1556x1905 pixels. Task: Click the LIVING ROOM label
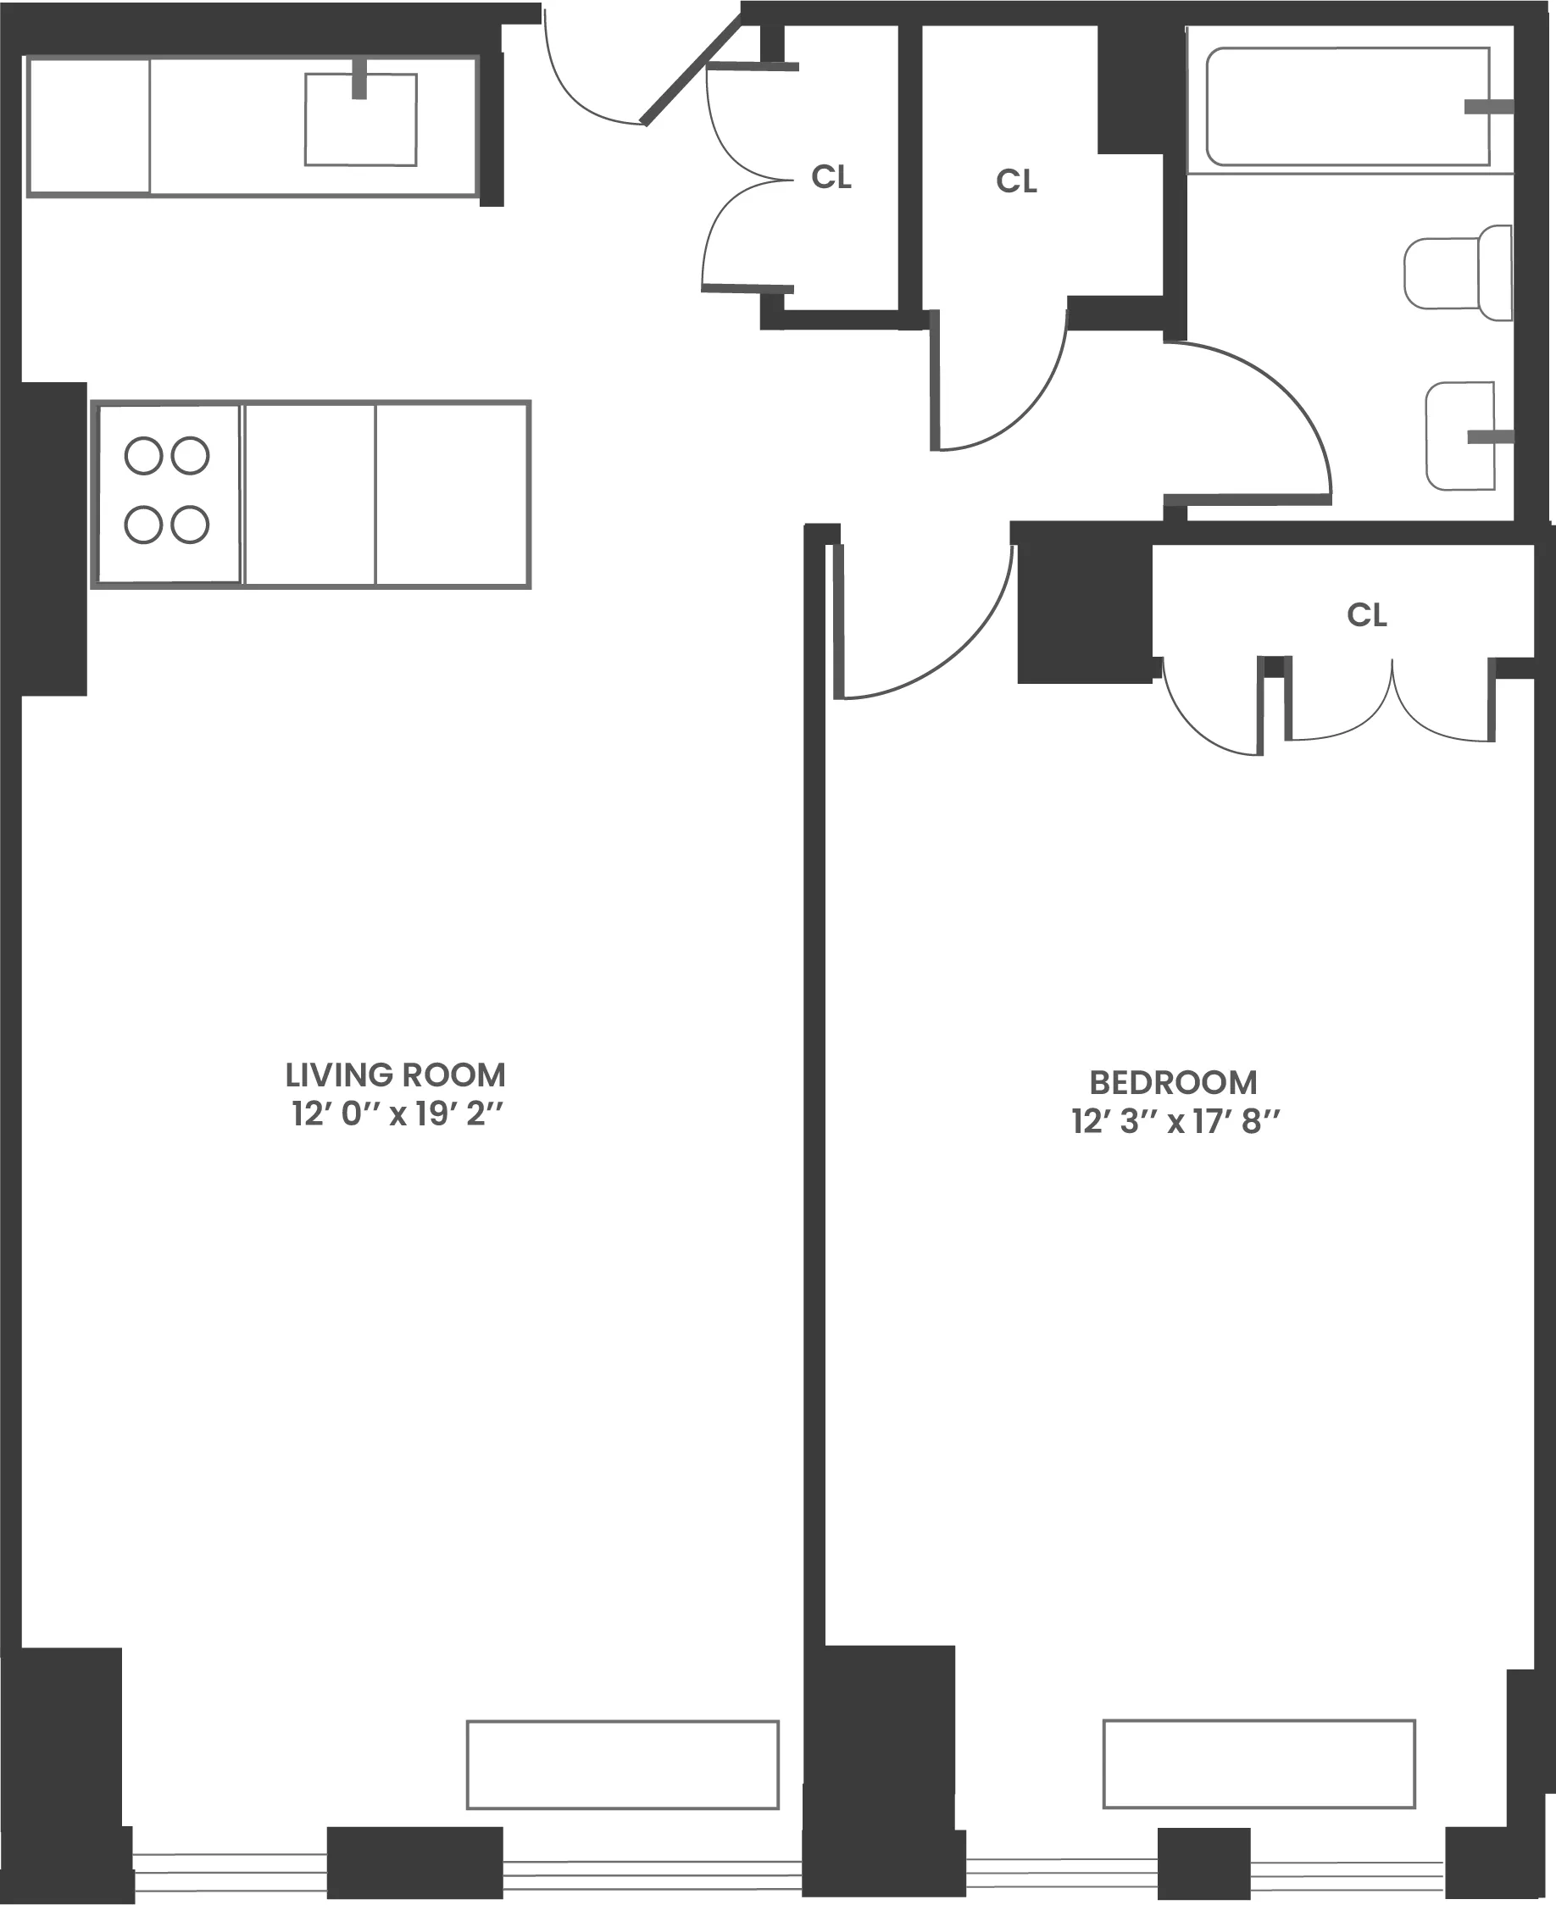point(395,1075)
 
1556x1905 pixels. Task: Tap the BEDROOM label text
point(1172,1082)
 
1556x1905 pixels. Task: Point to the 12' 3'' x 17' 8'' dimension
point(1175,1122)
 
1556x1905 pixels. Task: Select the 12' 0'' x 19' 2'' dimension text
point(397,1114)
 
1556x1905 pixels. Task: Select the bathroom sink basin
point(1459,436)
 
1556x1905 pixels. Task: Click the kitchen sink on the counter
point(360,120)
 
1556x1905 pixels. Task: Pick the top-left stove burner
point(143,455)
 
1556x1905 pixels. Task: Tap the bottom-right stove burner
point(190,525)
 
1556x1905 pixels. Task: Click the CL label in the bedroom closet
point(1366,614)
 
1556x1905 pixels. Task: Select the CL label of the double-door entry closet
point(831,177)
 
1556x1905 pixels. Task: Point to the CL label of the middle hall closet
point(1016,182)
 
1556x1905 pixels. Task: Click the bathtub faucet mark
point(1488,108)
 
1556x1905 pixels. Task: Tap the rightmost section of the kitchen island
point(453,495)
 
